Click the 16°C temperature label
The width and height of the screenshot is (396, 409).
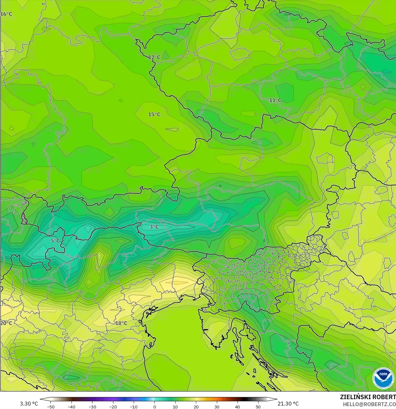coord(6,14)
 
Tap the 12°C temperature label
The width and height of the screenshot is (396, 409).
coord(154,57)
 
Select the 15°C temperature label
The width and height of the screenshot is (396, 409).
coord(154,114)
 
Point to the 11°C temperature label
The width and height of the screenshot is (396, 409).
coord(275,100)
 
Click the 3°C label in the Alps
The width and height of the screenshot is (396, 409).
coord(154,227)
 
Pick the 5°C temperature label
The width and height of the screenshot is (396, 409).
coord(55,241)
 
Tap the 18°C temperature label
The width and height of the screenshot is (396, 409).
coord(121,323)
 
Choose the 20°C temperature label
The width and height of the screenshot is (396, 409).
coord(6,323)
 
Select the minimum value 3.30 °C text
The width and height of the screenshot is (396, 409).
coord(29,404)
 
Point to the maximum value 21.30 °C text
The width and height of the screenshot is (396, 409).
coord(288,404)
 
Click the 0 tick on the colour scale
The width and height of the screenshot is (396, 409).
coord(155,406)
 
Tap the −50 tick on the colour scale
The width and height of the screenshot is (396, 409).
coord(50,406)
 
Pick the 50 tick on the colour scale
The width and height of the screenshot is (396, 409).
coord(258,406)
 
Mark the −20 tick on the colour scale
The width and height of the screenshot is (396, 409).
coord(113,406)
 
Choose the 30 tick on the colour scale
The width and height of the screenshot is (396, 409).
coord(217,406)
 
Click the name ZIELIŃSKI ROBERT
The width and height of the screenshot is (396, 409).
coord(368,397)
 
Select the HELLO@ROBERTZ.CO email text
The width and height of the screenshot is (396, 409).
coord(369,404)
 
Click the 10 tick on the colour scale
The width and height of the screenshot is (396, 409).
coord(175,406)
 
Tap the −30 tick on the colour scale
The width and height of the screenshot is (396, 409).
coord(92,406)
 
